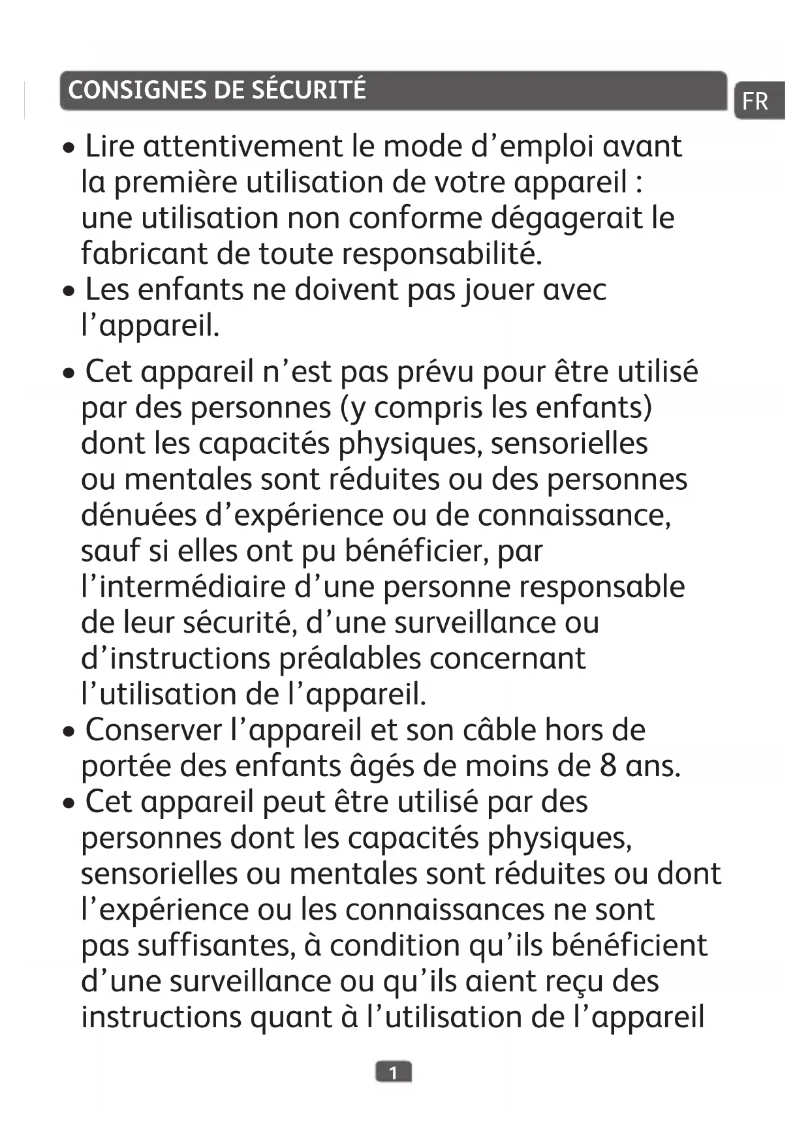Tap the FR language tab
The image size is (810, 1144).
(x=755, y=102)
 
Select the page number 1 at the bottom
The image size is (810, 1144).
(x=393, y=1072)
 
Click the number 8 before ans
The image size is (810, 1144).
(x=608, y=766)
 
